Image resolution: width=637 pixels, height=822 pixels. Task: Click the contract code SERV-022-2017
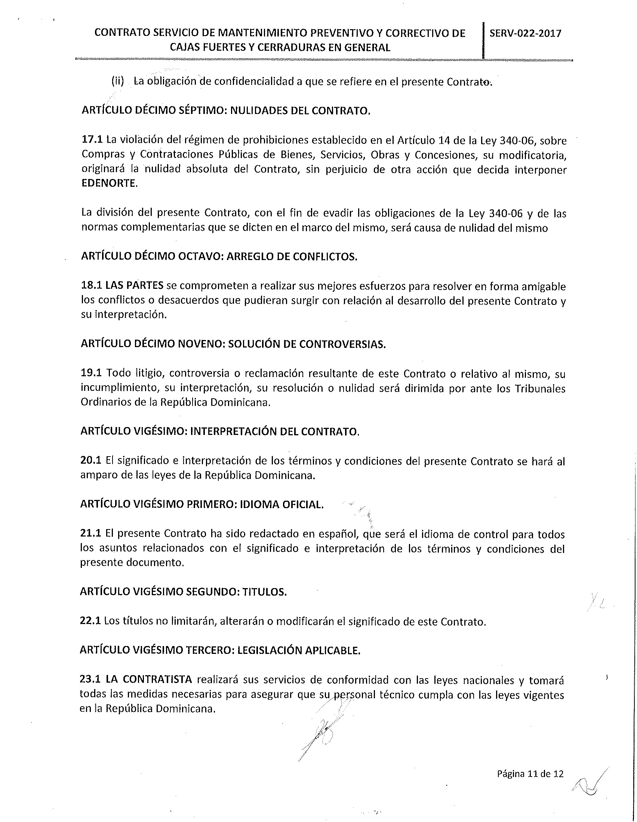525,34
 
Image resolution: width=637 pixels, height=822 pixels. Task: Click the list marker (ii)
117,82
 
